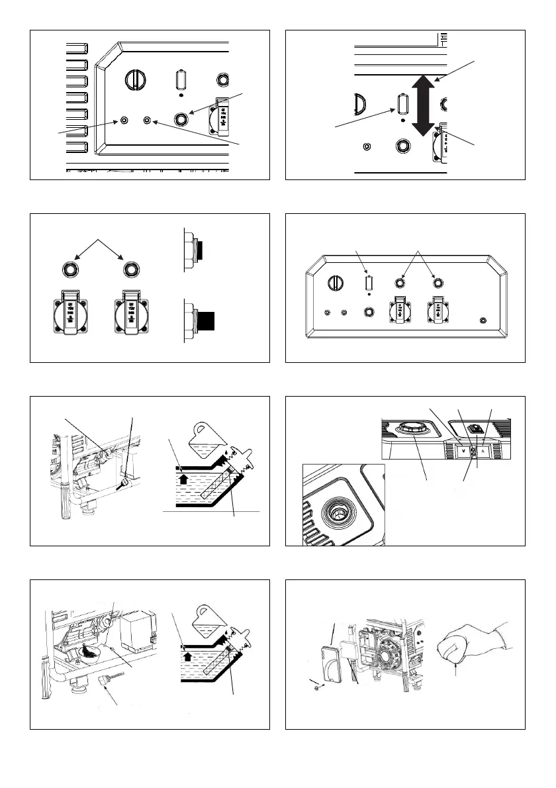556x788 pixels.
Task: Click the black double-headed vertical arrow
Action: click(x=422, y=105)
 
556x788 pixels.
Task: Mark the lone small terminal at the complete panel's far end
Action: click(x=483, y=320)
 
